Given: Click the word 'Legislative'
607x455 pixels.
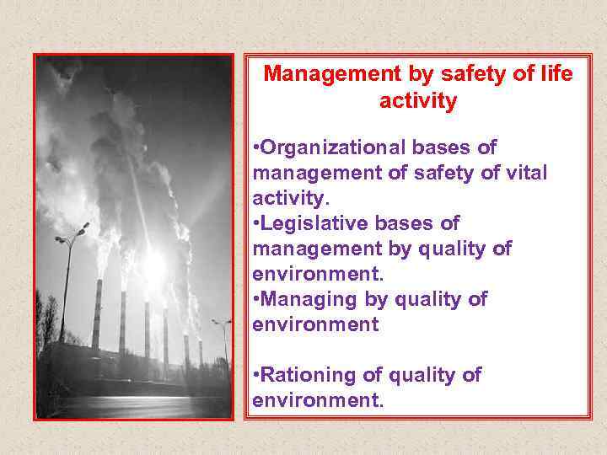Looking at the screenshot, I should click(x=312, y=223).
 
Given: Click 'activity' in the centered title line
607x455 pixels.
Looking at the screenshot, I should click(x=418, y=102).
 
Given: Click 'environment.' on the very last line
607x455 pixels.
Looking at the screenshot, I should click(x=318, y=399).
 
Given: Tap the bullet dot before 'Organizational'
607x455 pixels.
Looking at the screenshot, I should click(x=256, y=149).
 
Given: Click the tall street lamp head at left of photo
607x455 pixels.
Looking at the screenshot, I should click(x=82, y=229).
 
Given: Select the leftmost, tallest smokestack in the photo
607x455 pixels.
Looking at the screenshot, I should click(x=99, y=312).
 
